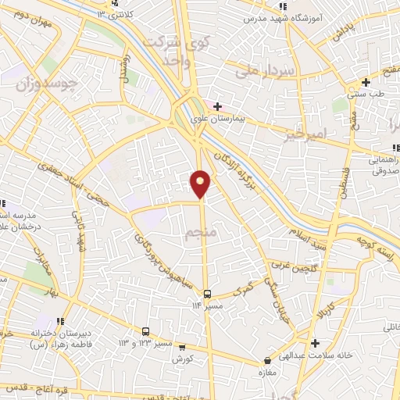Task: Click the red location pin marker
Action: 201,183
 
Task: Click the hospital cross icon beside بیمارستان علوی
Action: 218,106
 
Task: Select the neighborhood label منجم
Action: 200,234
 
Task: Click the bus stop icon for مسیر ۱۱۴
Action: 207,294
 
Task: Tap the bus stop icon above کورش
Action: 182,346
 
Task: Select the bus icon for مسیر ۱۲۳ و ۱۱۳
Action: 146,331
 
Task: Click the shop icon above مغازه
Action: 268,361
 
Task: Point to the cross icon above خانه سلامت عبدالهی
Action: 314,343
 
